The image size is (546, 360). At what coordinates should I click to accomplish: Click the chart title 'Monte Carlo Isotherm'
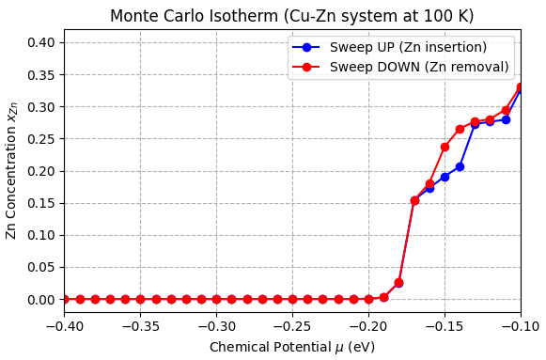click(291, 16)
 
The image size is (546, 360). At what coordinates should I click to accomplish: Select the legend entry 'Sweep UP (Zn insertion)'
click(408, 47)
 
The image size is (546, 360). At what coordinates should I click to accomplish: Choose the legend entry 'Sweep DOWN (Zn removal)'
click(419, 67)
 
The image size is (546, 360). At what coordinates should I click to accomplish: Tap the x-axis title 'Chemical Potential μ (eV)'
click(291, 347)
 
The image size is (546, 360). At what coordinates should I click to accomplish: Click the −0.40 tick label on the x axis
click(64, 324)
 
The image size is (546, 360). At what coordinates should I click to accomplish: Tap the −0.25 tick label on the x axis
click(292, 324)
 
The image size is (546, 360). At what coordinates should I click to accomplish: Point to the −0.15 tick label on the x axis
click(445, 324)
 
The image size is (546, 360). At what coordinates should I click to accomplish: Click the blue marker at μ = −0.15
click(445, 177)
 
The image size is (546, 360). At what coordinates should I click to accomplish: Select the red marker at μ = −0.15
click(445, 147)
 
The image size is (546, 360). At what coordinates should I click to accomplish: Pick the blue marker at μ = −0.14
click(460, 166)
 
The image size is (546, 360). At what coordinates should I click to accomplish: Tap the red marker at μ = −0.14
click(460, 129)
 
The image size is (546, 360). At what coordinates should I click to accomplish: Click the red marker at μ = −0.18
click(398, 283)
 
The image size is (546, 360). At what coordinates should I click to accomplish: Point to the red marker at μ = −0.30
click(216, 299)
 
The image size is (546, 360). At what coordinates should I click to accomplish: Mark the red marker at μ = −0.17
click(414, 200)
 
